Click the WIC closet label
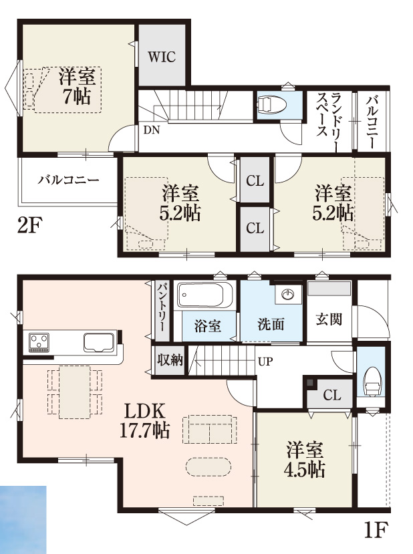[x=162, y=57]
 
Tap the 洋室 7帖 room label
[x=77, y=87]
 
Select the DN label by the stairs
[x=152, y=130]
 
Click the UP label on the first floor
[x=265, y=362]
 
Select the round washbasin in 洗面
[x=289, y=294]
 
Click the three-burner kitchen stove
[x=39, y=342]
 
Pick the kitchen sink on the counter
[x=99, y=342]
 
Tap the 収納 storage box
[x=170, y=360]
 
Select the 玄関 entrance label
[x=329, y=319]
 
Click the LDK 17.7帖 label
[x=145, y=420]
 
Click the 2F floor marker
[x=30, y=225]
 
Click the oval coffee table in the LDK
[x=208, y=467]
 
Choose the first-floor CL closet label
[x=332, y=395]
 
